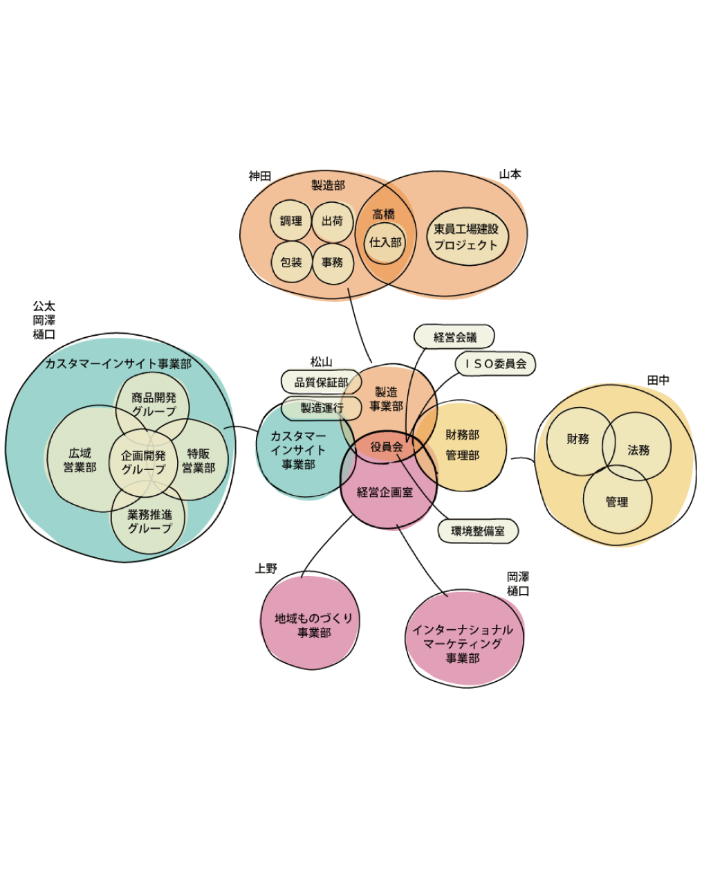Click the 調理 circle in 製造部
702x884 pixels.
(x=291, y=221)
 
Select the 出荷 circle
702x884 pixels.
(x=333, y=221)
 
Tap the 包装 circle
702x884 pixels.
(x=291, y=262)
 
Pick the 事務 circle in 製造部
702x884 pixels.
(x=333, y=262)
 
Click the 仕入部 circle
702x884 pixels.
(x=385, y=243)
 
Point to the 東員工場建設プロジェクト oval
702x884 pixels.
(x=466, y=237)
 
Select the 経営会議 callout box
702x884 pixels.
(x=454, y=337)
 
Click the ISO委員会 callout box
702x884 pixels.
(x=495, y=363)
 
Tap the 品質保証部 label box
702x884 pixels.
(x=321, y=382)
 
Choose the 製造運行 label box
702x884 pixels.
(x=321, y=408)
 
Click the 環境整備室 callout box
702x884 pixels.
(x=478, y=532)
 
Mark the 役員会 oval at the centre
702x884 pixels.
(x=387, y=447)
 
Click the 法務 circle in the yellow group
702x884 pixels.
(x=638, y=450)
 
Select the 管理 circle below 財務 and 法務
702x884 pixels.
(x=617, y=502)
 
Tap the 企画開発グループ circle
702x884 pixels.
(x=144, y=462)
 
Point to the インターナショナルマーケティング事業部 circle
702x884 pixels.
(x=463, y=643)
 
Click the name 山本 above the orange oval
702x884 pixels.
(x=510, y=174)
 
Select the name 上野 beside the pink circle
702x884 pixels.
(x=266, y=568)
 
